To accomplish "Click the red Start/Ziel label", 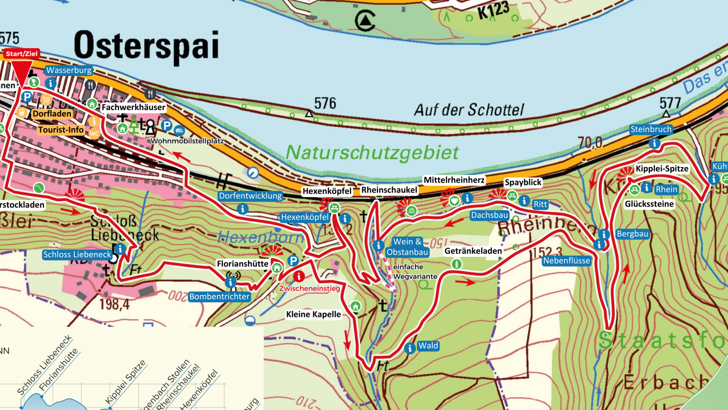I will click(x=22, y=54).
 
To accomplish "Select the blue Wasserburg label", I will click(x=69, y=70).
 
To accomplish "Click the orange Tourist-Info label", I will click(x=61, y=130).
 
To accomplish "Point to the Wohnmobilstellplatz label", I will click(x=187, y=141).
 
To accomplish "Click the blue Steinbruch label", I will click(x=651, y=129).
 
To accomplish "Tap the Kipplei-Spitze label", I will click(x=662, y=169).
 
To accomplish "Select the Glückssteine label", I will click(x=649, y=204).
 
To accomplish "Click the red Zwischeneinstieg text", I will click(x=309, y=289).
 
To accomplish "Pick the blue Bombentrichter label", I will click(x=220, y=296).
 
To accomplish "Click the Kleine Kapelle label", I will click(x=313, y=314).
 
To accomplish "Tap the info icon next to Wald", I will click(x=409, y=348).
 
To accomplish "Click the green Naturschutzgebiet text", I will click(x=372, y=153).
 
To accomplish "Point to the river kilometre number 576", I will click(x=325, y=103).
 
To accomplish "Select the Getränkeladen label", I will click(x=473, y=251).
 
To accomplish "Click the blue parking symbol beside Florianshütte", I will click(x=293, y=261).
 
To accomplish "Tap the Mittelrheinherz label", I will click(x=454, y=180).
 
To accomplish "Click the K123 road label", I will click(x=493, y=10).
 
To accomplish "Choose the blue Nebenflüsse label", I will click(x=566, y=261).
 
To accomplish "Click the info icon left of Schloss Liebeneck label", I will click(x=120, y=249).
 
